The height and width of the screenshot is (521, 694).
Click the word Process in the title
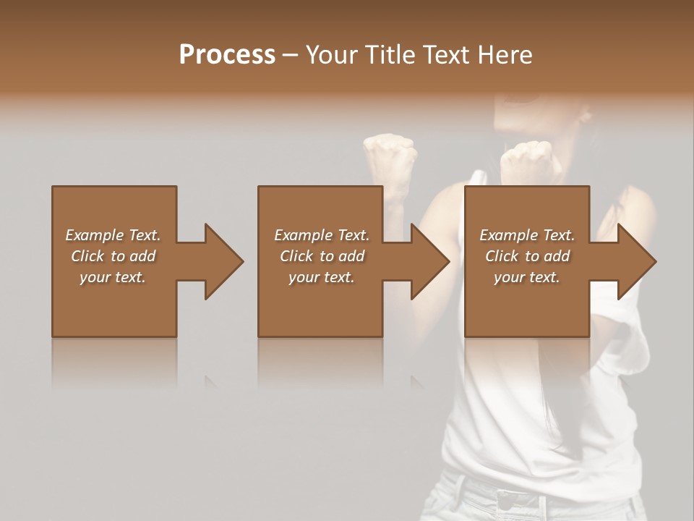[x=227, y=55]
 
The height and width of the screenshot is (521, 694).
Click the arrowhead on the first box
[x=221, y=261]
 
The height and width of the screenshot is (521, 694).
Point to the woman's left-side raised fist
[x=390, y=156]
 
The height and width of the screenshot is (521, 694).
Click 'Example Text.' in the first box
[x=113, y=235]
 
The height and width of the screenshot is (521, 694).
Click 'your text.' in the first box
[x=113, y=277]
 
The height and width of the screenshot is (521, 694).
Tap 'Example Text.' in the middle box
[x=321, y=235]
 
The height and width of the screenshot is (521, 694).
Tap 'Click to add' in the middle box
[x=321, y=256]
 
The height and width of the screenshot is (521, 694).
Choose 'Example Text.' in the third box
[x=526, y=235]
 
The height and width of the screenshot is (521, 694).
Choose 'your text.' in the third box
[x=526, y=277]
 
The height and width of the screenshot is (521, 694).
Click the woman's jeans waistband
[x=520, y=492]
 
